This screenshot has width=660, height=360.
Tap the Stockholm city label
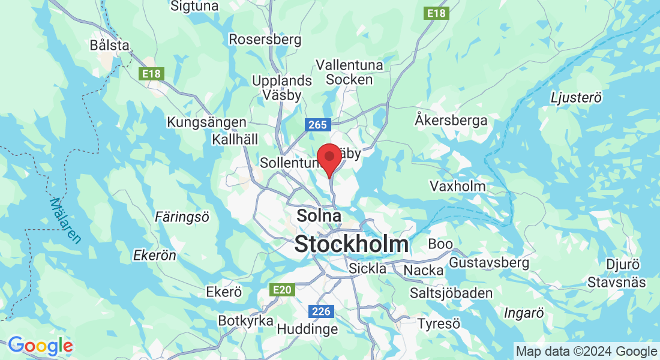click(x=352, y=244)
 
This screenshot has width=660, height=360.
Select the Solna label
click(x=319, y=216)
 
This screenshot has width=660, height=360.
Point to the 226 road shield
click(x=322, y=311)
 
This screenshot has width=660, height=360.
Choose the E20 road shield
click(x=282, y=290)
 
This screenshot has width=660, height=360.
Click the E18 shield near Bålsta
click(x=151, y=74)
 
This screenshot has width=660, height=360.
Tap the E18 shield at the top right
click(x=436, y=13)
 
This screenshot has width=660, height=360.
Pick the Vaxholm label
click(x=458, y=186)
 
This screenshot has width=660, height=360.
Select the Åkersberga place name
click(x=451, y=120)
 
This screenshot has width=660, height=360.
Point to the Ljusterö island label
click(x=576, y=97)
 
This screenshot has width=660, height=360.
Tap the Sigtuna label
click(x=194, y=6)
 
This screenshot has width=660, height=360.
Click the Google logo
click(x=40, y=346)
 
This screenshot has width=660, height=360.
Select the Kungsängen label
click(x=206, y=122)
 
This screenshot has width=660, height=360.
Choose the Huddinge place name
click(x=308, y=329)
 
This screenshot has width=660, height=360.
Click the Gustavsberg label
click(x=489, y=263)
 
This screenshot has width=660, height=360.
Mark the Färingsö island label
click(x=182, y=217)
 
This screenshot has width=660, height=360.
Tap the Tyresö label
click(x=439, y=324)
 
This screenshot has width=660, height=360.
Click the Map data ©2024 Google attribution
click(x=587, y=352)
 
